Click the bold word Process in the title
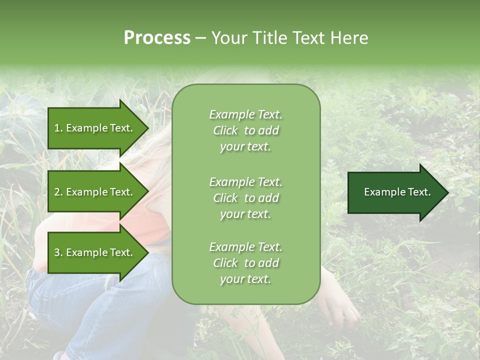[157, 38]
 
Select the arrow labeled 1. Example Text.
[95, 128]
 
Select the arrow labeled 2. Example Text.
[95, 192]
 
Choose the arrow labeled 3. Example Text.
[95, 252]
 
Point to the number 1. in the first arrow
[58, 128]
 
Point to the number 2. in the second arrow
[58, 192]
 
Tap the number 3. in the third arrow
[58, 252]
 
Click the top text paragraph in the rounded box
[245, 130]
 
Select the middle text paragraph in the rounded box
[245, 198]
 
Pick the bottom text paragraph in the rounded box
[245, 263]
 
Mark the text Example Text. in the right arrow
[397, 192]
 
